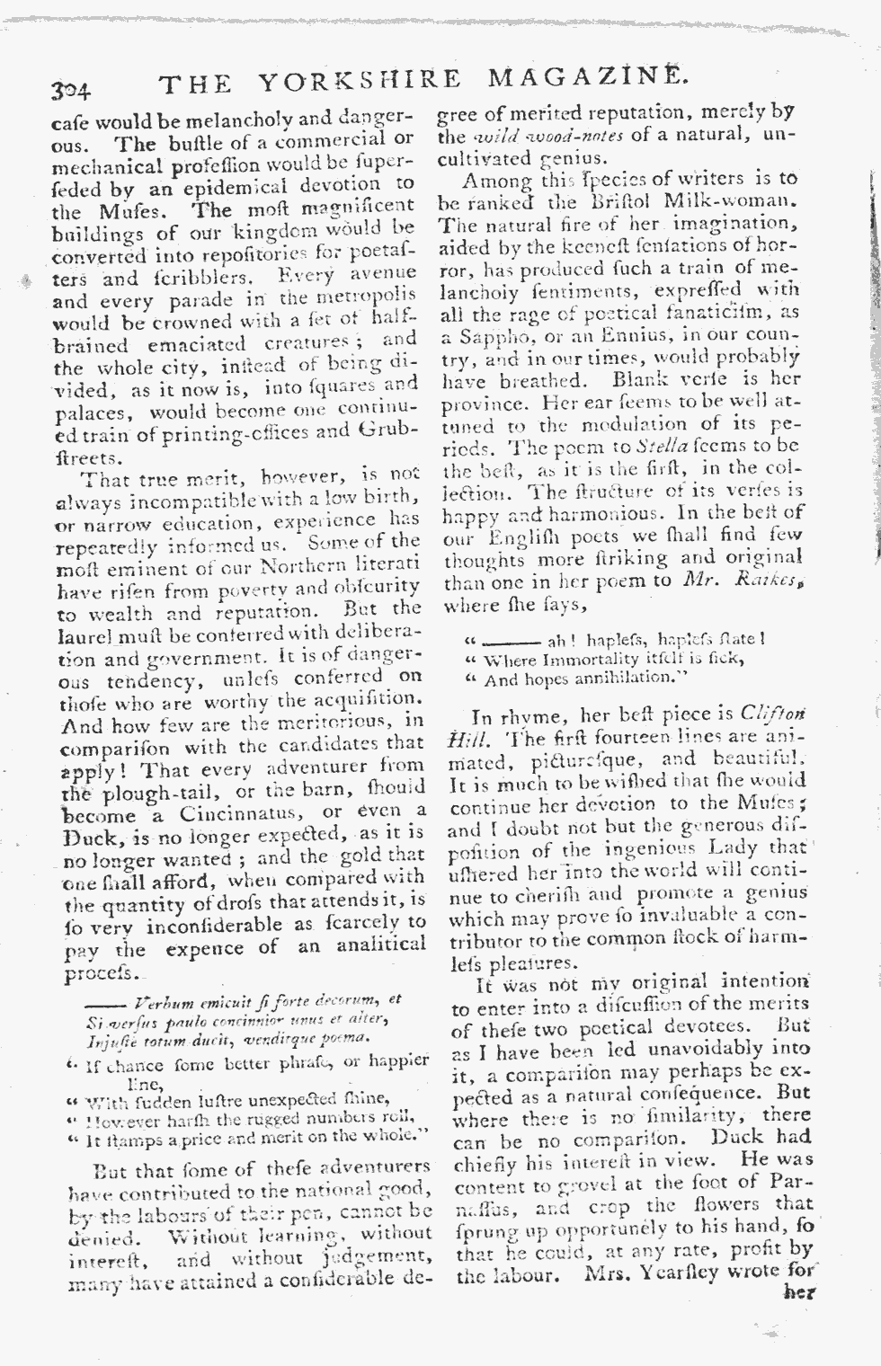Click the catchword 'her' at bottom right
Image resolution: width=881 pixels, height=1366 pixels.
(x=797, y=1295)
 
